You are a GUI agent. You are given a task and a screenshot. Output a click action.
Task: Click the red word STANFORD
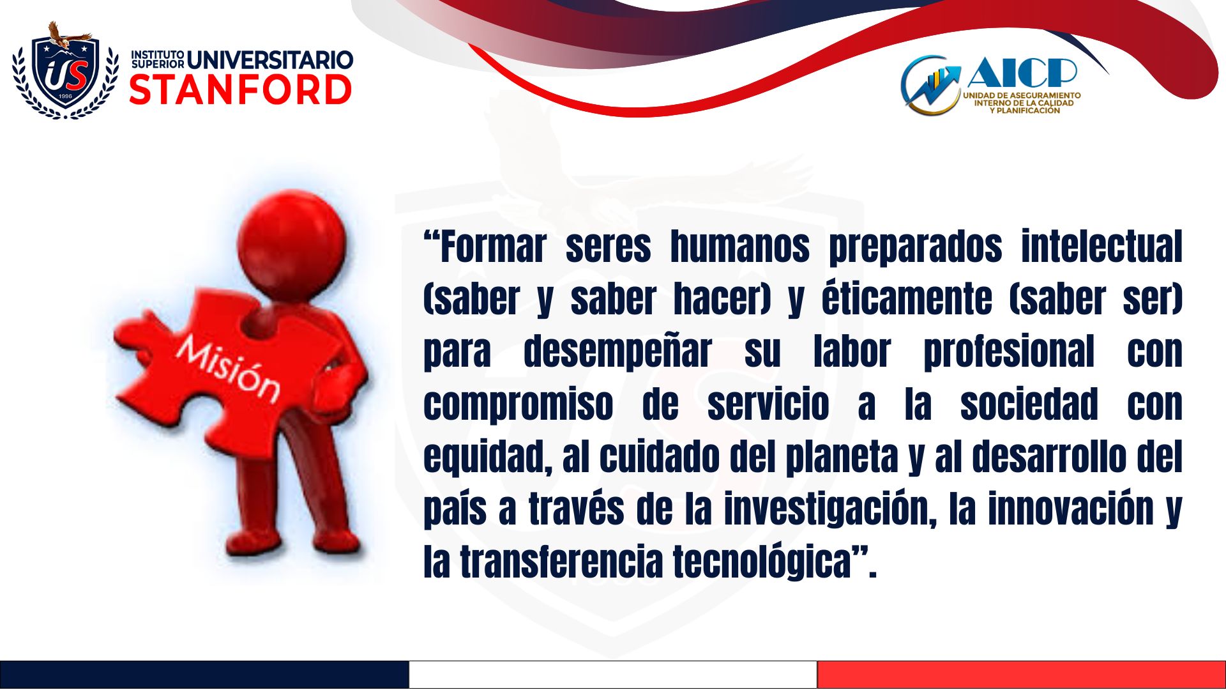241,90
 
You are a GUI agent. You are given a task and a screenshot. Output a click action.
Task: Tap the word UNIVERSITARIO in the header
270,60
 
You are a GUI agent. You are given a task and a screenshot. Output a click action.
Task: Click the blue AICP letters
1022,72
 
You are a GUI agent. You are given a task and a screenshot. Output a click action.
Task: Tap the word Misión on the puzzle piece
228,369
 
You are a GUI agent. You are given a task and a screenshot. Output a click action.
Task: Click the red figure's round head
292,245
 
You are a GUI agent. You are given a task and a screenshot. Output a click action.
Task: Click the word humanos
739,247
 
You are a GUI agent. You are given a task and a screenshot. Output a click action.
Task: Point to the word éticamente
907,298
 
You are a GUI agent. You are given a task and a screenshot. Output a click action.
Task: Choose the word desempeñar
617,351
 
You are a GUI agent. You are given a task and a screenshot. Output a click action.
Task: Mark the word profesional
1009,351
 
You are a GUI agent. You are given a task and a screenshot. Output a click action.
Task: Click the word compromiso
518,405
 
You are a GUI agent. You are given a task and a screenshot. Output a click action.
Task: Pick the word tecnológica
762,562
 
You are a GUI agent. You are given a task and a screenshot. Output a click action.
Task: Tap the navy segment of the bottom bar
204,675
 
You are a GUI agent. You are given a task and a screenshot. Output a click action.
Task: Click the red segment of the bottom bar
1022,675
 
